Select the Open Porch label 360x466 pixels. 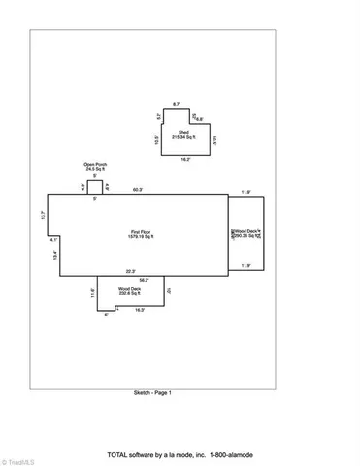[93, 163]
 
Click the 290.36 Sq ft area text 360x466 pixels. [246, 235]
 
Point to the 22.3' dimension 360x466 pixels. [129, 271]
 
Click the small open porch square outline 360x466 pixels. [94, 185]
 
